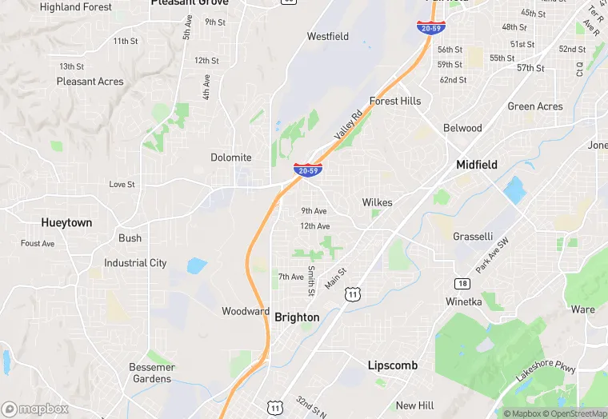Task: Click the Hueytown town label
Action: tap(67, 223)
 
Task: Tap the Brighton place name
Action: tap(297, 317)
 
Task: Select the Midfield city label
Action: tap(477, 165)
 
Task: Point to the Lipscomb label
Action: tap(392, 365)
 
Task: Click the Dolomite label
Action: tap(231, 158)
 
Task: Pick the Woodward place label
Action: tap(246, 311)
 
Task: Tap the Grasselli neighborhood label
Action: tap(473, 237)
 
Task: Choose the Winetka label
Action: tap(463, 301)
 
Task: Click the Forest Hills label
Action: tap(394, 102)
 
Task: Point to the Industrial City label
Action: tap(135, 263)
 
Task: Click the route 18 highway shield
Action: tap(462, 284)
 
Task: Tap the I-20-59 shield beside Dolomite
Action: tap(308, 170)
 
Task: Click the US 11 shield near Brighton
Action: tap(352, 295)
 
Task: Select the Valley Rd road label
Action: tap(348, 126)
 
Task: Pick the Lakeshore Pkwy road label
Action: tap(546, 375)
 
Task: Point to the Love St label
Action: tap(122, 185)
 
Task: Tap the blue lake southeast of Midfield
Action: tap(514, 190)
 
